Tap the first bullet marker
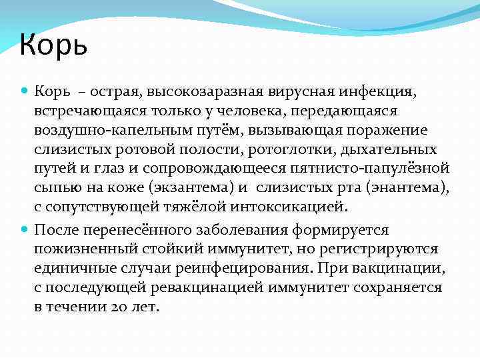tap(25, 89)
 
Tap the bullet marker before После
tap(25, 230)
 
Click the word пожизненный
tap(96, 249)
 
